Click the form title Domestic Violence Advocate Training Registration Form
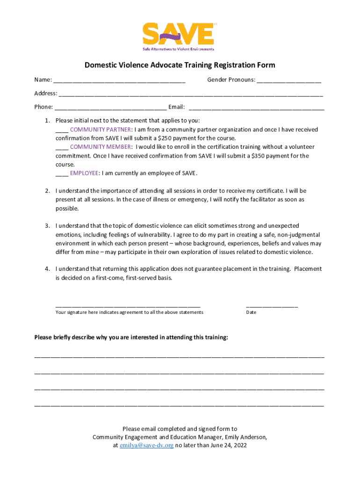[x=180, y=65]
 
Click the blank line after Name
[x=119, y=80]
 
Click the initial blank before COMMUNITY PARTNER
[x=62, y=130]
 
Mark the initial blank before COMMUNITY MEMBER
[x=62, y=147]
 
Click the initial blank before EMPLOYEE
[x=62, y=174]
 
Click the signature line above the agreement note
[x=128, y=305]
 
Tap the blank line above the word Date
[x=272, y=305]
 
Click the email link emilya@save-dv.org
[x=146, y=446]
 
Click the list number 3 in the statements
[x=47, y=226]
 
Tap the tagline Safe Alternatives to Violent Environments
[x=178, y=49]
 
